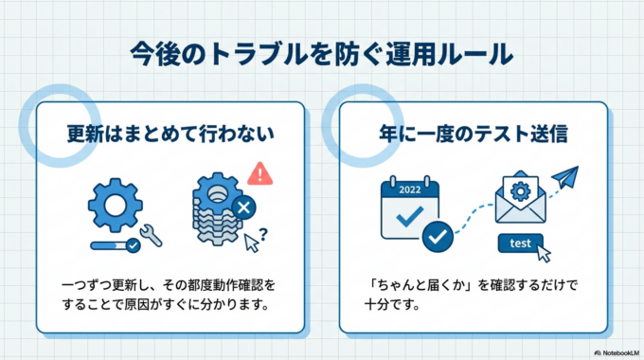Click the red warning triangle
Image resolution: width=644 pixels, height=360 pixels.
pyautogui.click(x=259, y=172)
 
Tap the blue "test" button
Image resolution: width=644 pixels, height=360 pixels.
pyautogui.click(x=520, y=243)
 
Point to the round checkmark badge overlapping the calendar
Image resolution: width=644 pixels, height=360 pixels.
pyautogui.click(x=437, y=237)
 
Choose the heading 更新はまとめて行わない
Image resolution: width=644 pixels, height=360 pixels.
pyautogui.click(x=170, y=134)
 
